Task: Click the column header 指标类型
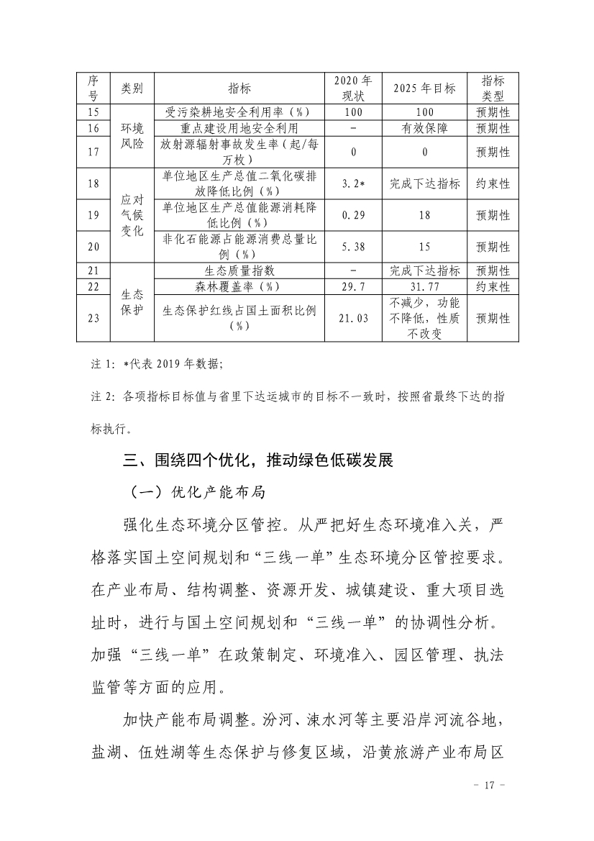(493, 88)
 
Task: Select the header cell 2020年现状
(352, 88)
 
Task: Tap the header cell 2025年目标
(424, 88)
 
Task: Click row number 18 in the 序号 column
(93, 183)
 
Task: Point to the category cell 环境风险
(132, 136)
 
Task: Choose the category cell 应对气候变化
(132, 215)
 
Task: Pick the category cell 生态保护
(132, 302)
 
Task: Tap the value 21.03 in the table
(352, 318)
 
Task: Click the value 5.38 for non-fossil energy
(352, 247)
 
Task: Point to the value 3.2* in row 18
(352, 183)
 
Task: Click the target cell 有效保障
(424, 128)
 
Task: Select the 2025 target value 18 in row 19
(424, 215)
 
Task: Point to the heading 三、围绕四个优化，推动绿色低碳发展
(258, 460)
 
